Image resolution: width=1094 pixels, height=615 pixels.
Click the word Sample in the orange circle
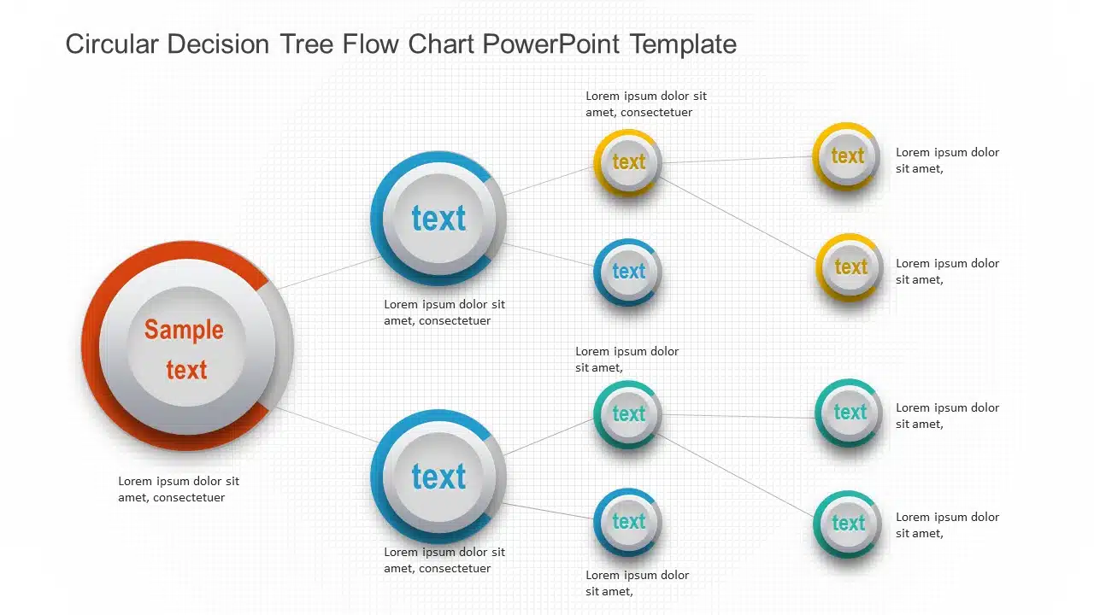[x=184, y=330]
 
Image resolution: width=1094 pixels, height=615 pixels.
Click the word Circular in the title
[x=112, y=44]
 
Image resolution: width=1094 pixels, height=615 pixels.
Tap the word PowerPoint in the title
[x=551, y=44]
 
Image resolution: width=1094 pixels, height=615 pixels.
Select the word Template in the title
[x=683, y=44]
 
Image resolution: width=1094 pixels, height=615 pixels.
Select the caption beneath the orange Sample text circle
[x=179, y=489]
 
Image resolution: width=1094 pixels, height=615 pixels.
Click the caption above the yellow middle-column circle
[x=646, y=104]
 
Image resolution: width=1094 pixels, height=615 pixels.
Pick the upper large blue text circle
[x=438, y=218]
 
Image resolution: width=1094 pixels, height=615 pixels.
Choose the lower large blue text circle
[x=438, y=477]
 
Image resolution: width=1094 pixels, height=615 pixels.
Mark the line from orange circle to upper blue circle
[x=329, y=272]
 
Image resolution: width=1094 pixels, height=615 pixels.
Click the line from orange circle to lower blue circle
[x=327, y=425]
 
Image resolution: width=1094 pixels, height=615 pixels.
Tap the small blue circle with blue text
[x=627, y=272]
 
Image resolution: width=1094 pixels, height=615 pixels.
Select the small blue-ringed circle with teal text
[x=627, y=522]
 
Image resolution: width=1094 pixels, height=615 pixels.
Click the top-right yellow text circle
[x=846, y=156]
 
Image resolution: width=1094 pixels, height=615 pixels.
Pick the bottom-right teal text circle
[x=847, y=524]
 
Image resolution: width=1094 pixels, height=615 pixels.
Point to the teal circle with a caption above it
[x=627, y=414]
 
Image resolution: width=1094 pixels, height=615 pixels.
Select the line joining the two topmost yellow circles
[x=738, y=160]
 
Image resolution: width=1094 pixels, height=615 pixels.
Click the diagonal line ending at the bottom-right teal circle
[x=736, y=475]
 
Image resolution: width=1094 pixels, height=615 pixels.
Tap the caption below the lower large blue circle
[x=444, y=559]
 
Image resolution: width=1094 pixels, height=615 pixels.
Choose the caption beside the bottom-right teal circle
[x=948, y=524]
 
